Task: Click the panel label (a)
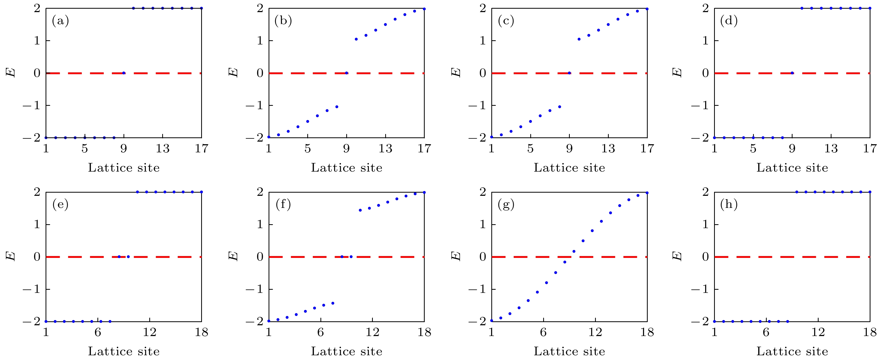[x=60, y=22]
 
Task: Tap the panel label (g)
[x=506, y=205]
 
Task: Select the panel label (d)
[x=729, y=22]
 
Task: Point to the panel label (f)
[x=283, y=205]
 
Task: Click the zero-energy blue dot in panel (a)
[x=124, y=73]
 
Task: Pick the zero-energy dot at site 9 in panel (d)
[x=792, y=73]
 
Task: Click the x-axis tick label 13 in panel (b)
[x=385, y=149]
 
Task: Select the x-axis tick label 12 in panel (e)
[x=150, y=332]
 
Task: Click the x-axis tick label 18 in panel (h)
[x=870, y=332]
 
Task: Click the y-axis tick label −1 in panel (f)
[x=254, y=289]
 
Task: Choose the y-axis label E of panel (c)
[x=456, y=73]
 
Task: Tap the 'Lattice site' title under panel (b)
[x=347, y=168]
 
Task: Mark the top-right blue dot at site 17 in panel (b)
[x=424, y=9]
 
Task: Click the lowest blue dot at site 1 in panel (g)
[x=492, y=321]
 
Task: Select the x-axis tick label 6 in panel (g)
[x=543, y=332]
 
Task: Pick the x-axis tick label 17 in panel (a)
[x=201, y=149]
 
